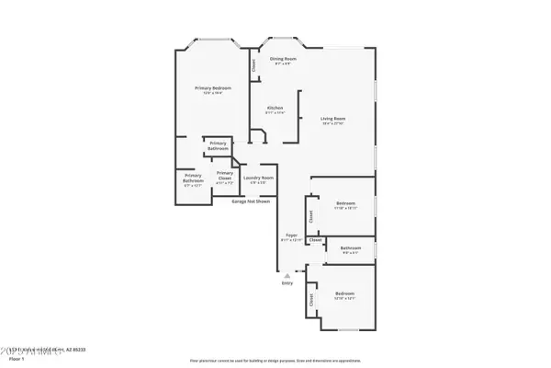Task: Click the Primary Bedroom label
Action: click(x=212, y=88)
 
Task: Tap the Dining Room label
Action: click(x=282, y=59)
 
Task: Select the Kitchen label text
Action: click(x=275, y=108)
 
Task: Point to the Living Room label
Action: click(x=332, y=118)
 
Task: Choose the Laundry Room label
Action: click(x=258, y=177)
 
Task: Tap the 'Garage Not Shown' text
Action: click(x=251, y=201)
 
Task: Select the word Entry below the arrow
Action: click(x=287, y=282)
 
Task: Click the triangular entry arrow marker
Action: click(x=287, y=274)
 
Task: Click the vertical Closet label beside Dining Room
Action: click(x=253, y=65)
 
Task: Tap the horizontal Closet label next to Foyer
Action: click(x=315, y=240)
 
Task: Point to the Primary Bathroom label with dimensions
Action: click(x=193, y=178)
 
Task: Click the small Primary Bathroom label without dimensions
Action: click(x=218, y=145)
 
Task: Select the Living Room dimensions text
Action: click(x=332, y=123)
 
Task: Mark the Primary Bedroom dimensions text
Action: click(x=212, y=94)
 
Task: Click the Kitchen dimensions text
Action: click(x=275, y=113)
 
